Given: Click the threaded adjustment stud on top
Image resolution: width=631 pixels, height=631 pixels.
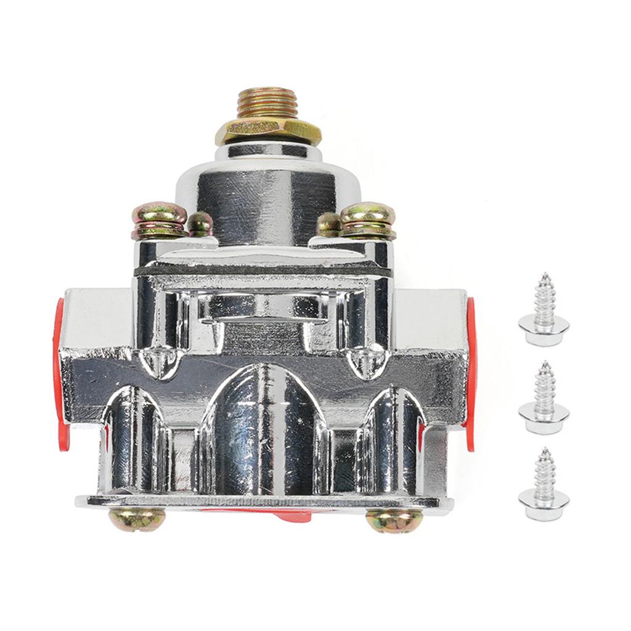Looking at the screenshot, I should (x=267, y=104).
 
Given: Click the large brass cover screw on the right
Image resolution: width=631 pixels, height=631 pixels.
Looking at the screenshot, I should (x=368, y=219).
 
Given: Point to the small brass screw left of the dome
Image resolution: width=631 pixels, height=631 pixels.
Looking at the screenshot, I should (x=200, y=223).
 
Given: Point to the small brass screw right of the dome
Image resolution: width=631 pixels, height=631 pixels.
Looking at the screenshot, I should (x=328, y=224).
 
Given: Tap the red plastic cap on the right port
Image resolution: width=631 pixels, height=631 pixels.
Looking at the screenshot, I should (x=471, y=370).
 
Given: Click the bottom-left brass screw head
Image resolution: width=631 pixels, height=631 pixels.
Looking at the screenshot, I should (x=137, y=519).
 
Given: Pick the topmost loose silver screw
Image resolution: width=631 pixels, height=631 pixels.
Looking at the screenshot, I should (x=543, y=308).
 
